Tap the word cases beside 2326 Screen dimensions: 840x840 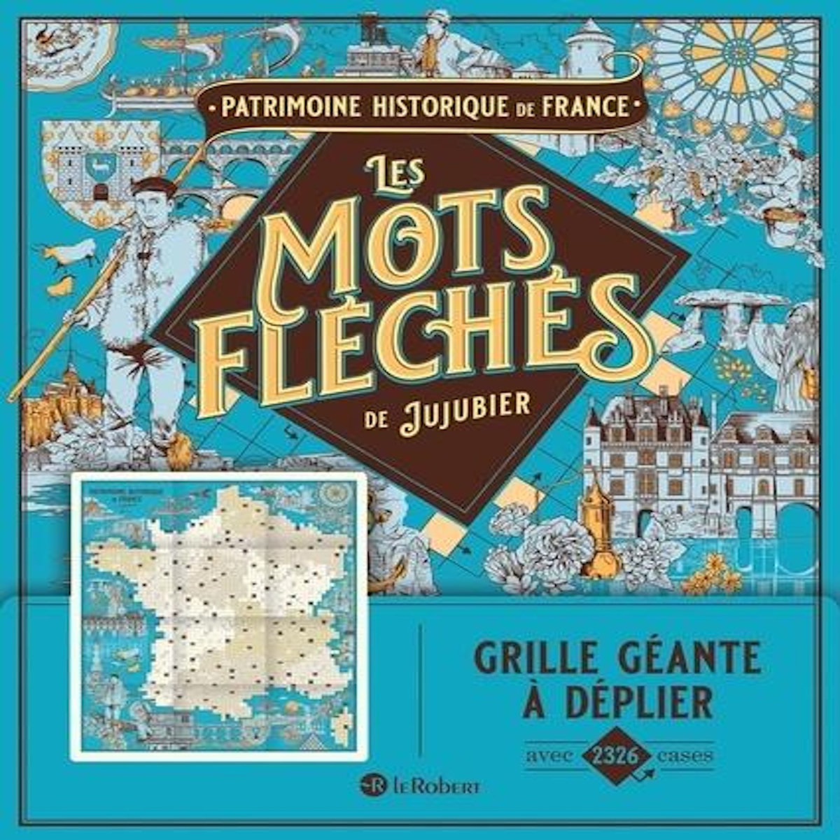click(x=686, y=755)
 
